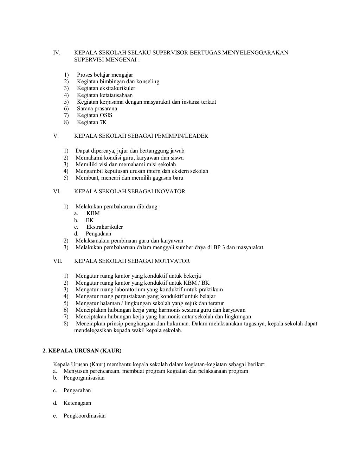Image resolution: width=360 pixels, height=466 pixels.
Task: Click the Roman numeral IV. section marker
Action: pyautogui.click(x=57, y=53)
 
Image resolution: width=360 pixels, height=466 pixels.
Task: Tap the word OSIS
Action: pyautogui.click(x=106, y=115)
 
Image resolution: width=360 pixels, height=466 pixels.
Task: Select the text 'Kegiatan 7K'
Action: pyautogui.click(x=92, y=122)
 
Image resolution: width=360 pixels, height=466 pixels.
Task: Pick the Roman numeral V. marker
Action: pyautogui.click(x=56, y=136)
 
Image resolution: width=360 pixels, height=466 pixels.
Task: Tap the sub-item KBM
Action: pyautogui.click(x=93, y=213)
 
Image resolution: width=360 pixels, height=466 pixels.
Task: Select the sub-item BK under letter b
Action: pyautogui.click(x=90, y=220)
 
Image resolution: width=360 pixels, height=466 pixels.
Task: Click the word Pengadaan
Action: pyautogui.click(x=98, y=234)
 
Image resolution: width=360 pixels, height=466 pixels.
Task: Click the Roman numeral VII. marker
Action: pyautogui.click(x=57, y=261)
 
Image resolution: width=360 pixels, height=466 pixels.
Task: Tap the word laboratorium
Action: pyautogui.click(x=130, y=290)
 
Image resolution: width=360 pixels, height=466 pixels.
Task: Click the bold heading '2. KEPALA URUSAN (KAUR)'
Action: pyautogui.click(x=82, y=351)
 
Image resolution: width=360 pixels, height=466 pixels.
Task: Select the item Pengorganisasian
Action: pyautogui.click(x=84, y=378)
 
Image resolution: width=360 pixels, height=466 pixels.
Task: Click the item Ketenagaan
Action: pyautogui.click(x=77, y=403)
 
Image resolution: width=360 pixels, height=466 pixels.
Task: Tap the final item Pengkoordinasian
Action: pyautogui.click(x=84, y=416)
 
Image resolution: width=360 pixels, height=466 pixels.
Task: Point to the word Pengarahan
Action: pyautogui.click(x=77, y=390)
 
